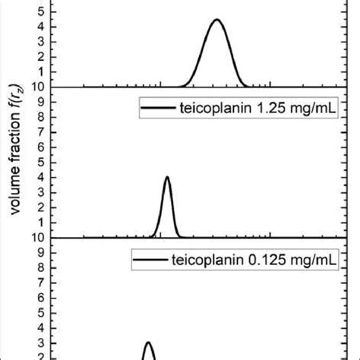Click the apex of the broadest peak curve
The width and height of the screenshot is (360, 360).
216,21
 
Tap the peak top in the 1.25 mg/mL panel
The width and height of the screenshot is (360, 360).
167,178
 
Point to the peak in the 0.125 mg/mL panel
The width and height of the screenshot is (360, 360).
149,343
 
